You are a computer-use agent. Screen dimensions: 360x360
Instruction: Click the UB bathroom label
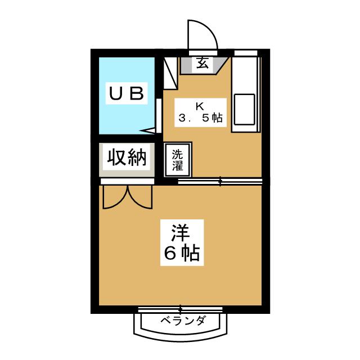pos(128,93)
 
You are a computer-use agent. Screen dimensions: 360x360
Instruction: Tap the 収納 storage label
pos(127,158)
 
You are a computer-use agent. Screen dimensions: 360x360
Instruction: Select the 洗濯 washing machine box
pos(177,160)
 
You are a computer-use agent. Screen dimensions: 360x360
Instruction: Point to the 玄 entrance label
pos(202,64)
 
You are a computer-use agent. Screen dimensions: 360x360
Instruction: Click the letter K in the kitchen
pos(200,106)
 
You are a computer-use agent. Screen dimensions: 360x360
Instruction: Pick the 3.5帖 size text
pos(201,119)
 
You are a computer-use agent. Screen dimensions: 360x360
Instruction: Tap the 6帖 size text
pos(182,254)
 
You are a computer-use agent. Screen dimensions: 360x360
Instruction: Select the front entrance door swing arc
pos(201,34)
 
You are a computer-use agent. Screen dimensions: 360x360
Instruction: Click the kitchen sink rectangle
pos(245,109)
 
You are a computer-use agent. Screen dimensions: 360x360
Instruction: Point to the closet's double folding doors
pos(127,197)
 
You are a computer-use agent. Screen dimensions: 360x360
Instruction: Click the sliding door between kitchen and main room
pos(220,181)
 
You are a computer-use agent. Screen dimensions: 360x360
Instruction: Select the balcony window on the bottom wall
pos(181,309)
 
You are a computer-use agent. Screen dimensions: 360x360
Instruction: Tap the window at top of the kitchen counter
pos(246,53)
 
